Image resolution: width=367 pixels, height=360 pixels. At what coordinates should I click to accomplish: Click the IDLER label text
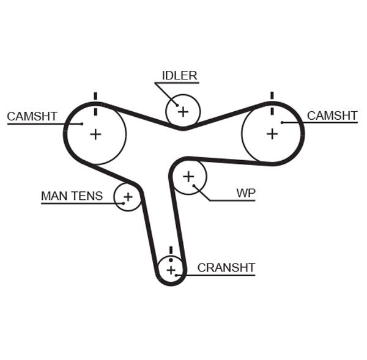click(179, 76)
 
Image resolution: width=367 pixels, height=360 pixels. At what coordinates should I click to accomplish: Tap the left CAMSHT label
click(32, 116)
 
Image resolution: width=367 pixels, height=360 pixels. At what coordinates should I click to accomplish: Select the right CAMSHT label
click(332, 116)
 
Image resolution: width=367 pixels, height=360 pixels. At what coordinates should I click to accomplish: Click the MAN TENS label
click(72, 196)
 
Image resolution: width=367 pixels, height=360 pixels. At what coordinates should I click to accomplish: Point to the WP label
click(246, 193)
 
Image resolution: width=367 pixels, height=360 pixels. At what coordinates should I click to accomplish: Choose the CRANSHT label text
click(226, 268)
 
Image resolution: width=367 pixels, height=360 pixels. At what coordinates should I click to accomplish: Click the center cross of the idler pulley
click(182, 111)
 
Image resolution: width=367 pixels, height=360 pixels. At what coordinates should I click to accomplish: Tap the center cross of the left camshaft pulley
click(95, 134)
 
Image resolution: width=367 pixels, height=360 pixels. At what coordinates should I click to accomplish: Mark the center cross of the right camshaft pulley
click(272, 133)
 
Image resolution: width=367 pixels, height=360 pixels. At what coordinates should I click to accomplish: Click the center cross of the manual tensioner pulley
click(128, 197)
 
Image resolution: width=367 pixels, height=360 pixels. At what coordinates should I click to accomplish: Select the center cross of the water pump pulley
click(188, 177)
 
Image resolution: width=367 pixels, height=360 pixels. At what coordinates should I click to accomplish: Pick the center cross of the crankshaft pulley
click(171, 270)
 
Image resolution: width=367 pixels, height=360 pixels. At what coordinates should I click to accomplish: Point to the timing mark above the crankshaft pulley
click(171, 250)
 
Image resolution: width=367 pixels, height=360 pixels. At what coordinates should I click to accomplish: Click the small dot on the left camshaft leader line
click(81, 123)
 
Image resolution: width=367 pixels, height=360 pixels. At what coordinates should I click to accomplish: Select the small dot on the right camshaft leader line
click(283, 123)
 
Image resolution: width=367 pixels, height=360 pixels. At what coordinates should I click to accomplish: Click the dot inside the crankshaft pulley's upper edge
click(171, 260)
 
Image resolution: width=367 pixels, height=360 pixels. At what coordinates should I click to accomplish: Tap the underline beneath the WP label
click(232, 200)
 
